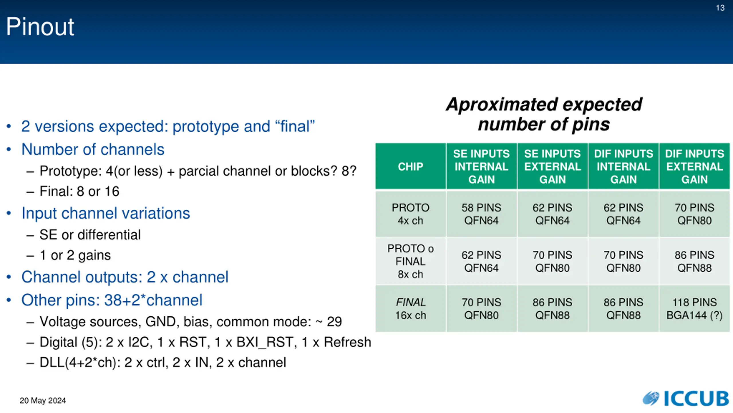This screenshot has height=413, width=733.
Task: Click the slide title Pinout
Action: coord(40,26)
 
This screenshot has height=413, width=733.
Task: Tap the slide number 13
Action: coord(720,8)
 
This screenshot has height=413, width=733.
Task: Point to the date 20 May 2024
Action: coord(43,400)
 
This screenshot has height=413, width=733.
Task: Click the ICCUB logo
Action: coord(686,398)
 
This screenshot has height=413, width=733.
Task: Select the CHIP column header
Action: coord(410,166)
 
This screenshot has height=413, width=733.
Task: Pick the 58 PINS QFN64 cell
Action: coord(481,214)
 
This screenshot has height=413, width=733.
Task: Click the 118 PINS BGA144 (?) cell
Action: coord(694,309)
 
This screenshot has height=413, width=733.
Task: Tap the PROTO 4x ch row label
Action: coord(410,214)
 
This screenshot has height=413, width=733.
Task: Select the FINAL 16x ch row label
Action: coord(410,309)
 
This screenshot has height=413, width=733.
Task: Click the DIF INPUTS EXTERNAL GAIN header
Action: coord(694,166)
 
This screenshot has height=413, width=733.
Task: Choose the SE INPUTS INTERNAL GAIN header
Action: coord(481,166)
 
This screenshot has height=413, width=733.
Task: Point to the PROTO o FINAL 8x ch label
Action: coord(410,261)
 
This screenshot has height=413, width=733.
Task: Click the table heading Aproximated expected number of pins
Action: coord(544,114)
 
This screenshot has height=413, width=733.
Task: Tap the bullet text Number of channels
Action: coord(93,149)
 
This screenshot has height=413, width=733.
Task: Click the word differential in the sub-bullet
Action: coord(109,235)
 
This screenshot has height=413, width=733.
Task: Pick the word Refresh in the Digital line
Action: coord(347,342)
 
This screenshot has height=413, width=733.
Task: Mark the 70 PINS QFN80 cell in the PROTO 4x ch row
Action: coord(694,214)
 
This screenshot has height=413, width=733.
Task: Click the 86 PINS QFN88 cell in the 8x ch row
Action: coord(694,261)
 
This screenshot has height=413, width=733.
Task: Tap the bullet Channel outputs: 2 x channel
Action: coord(125,277)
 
